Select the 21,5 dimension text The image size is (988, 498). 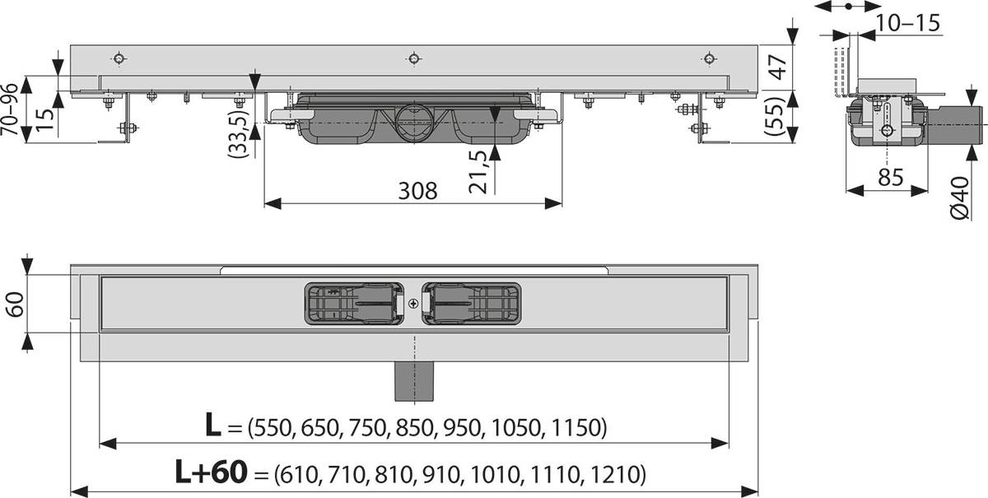click(481, 171)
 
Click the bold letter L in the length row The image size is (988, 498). click(212, 426)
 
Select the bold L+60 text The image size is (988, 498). click(211, 473)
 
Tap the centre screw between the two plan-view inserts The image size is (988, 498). click(412, 303)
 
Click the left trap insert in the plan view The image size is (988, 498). click(355, 302)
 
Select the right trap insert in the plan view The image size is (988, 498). click(472, 302)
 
